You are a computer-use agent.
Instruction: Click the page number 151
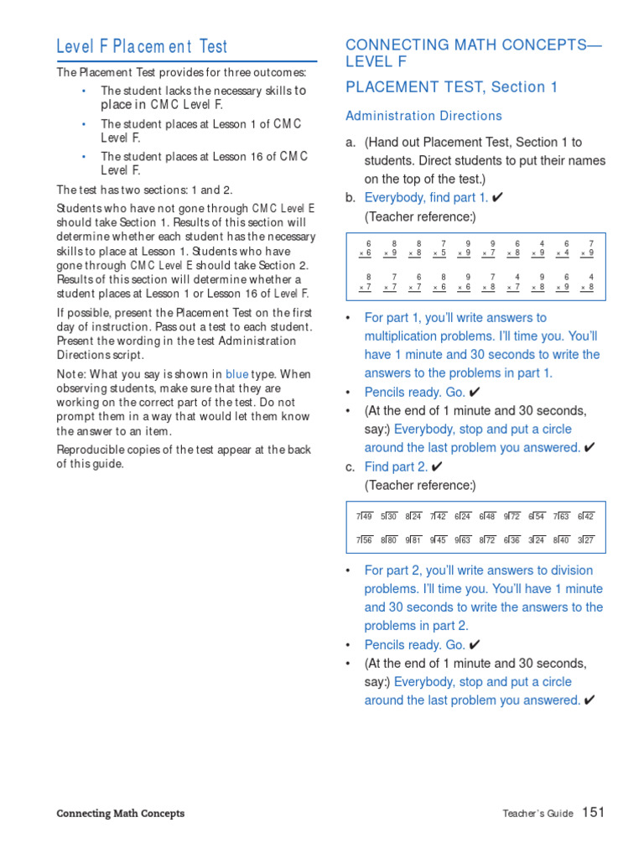[593, 812]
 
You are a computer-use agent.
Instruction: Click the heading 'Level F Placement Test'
[142, 47]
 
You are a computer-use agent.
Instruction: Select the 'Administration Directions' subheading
[423, 116]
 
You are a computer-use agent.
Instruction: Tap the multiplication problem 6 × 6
[365, 248]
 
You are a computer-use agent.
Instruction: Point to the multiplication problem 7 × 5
[439, 248]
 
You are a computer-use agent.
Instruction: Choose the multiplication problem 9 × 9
[464, 248]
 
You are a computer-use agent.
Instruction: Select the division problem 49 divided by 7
[364, 517]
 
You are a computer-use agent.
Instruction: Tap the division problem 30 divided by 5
[388, 517]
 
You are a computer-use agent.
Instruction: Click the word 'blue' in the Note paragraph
[236, 375]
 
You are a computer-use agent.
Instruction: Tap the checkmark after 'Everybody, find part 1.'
[498, 198]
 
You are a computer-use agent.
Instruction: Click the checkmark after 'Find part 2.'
[437, 466]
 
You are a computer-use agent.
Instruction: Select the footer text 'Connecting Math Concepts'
[120, 814]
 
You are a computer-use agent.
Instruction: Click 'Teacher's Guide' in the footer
[538, 814]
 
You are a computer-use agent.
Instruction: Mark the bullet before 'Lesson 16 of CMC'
[84, 157]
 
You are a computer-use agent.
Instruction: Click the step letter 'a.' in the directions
[351, 143]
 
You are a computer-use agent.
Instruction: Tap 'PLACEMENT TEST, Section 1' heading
[451, 87]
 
